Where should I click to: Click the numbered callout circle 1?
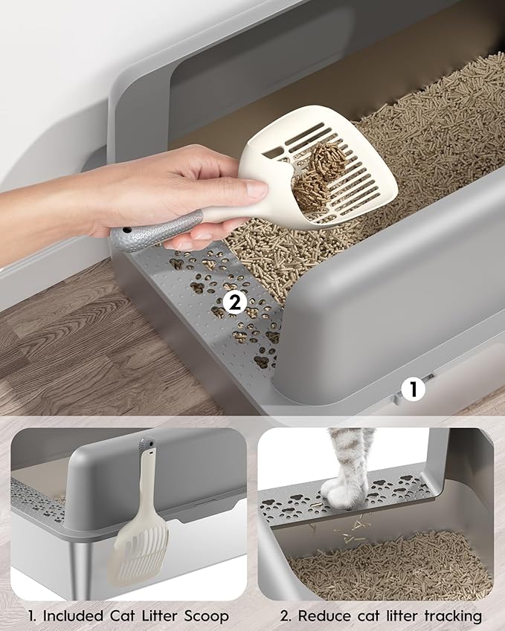[x=411, y=388]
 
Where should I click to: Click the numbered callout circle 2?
[x=235, y=302]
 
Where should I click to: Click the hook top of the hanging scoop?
[x=147, y=449]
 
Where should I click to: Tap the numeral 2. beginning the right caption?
[x=284, y=616]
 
